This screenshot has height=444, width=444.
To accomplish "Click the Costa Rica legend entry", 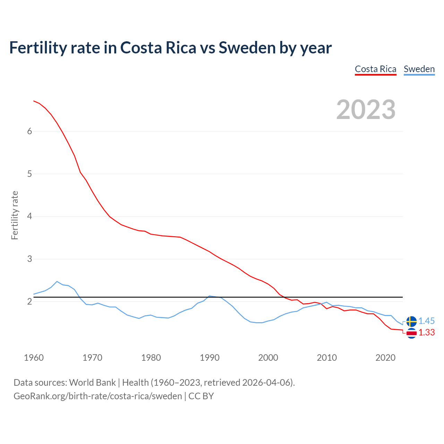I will [375, 69].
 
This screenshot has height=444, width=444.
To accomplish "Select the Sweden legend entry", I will [419, 69].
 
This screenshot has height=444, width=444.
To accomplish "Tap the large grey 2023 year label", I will [366, 110].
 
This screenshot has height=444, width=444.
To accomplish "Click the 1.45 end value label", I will [426, 321].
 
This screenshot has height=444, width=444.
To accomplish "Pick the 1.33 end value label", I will [426, 333].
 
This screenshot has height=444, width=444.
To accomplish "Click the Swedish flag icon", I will [411, 322].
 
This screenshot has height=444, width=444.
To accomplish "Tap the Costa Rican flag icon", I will [411, 333].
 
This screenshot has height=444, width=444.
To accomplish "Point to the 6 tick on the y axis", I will [29, 131].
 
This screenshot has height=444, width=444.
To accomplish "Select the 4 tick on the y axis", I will [29, 216].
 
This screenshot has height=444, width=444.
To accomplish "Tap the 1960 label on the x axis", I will [34, 358].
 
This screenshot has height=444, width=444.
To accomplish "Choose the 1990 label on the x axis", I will [210, 358].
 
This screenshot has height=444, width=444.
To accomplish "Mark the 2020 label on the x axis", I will [385, 358].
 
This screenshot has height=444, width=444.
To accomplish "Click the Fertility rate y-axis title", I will [15, 215].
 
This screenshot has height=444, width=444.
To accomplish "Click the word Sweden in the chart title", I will [247, 48].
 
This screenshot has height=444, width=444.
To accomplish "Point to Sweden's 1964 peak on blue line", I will [57, 281].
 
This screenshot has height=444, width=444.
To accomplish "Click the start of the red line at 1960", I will [34, 101].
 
